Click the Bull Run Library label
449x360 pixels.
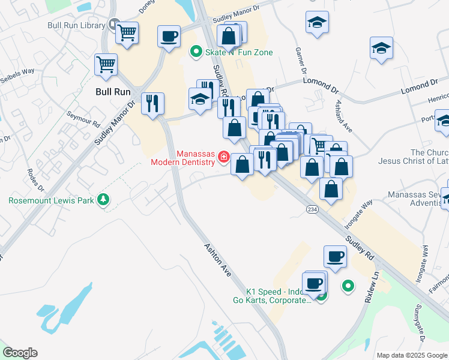(x=76, y=25)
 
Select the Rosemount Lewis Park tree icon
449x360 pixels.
(x=104, y=199)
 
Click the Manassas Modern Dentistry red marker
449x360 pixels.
(x=223, y=157)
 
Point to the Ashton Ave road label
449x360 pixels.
(x=217, y=259)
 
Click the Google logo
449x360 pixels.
(x=20, y=353)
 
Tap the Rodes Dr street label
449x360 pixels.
(x=33, y=178)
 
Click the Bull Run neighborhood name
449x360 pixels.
(x=113, y=92)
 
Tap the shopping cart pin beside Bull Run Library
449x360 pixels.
(x=127, y=33)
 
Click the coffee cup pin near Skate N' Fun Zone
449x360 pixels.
(x=169, y=36)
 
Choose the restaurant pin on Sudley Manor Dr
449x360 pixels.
(x=153, y=103)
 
